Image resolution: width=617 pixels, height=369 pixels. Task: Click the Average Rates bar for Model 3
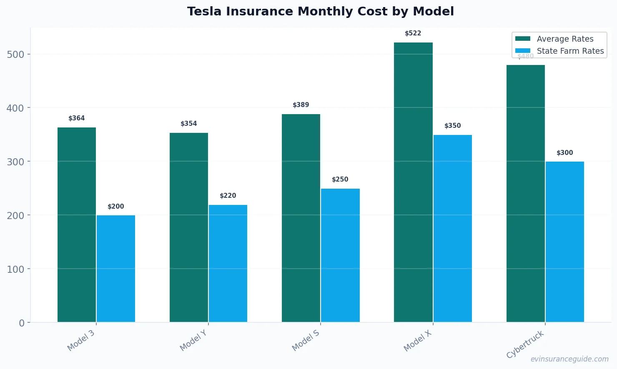77,225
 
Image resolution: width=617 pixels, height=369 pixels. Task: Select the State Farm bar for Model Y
228,263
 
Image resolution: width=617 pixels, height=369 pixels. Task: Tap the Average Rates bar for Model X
413,182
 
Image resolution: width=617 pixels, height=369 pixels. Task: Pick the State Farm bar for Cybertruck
564,242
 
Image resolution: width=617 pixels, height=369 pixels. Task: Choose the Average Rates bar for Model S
301,218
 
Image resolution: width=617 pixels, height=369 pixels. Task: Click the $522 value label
413,33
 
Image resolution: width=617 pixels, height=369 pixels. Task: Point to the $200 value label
116,207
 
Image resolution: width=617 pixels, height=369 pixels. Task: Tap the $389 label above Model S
301,105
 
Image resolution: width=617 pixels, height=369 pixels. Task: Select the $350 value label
453,126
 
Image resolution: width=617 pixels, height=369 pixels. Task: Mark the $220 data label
228,196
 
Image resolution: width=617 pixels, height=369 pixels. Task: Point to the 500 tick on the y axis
16,55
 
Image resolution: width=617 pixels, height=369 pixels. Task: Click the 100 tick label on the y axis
16,269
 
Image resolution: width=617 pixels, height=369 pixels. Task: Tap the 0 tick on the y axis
22,323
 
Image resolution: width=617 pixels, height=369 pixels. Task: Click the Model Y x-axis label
193,341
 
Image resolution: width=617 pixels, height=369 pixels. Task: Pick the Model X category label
418,341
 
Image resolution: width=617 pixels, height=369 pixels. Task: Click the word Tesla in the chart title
205,11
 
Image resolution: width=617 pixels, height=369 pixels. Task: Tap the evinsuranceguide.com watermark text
569,359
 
